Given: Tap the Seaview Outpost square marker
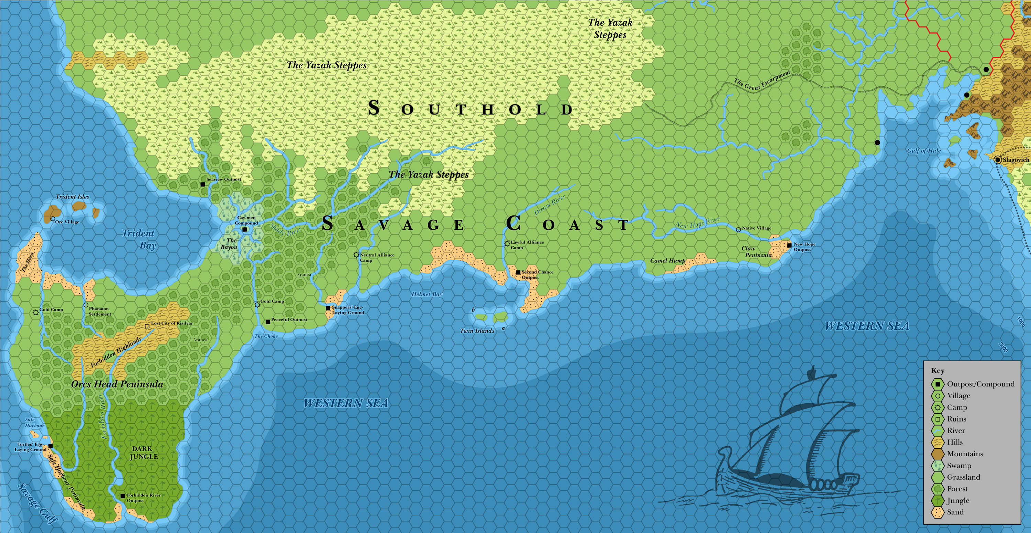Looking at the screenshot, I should (x=203, y=184).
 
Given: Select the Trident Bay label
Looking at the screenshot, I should (x=138, y=239).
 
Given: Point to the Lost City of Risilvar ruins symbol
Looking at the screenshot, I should (x=147, y=326).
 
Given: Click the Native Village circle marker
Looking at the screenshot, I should (x=739, y=230).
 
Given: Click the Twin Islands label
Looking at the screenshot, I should (x=477, y=331).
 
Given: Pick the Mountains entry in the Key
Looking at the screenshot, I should (x=965, y=454).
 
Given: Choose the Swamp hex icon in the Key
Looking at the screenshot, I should (x=938, y=466).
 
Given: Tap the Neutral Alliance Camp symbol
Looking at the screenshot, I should (x=356, y=255).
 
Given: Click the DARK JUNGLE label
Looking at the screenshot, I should (x=143, y=453).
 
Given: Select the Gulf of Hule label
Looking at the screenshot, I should (x=924, y=151).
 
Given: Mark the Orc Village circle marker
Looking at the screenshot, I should (x=53, y=219).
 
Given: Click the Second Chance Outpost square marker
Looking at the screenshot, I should (x=518, y=272).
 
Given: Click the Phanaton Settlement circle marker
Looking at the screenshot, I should (x=86, y=305).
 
